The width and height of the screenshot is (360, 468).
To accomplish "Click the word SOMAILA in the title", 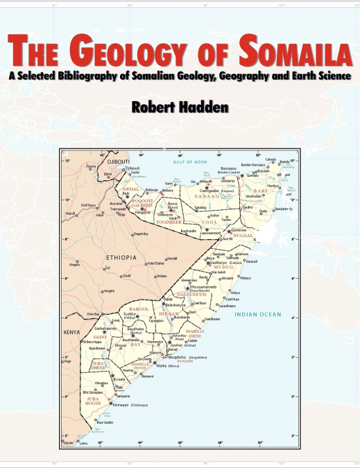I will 291,50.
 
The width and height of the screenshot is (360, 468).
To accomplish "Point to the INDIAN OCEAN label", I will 258,315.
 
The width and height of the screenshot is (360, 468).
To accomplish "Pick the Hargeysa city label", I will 144,212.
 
